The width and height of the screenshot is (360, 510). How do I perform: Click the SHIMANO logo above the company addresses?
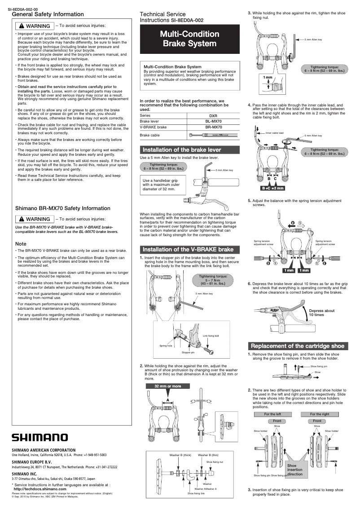point(40,437)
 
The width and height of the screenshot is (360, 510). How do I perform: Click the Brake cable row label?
point(149,135)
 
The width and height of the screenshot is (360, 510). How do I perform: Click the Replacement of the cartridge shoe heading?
point(298,346)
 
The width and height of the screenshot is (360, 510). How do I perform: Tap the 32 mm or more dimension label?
point(167,386)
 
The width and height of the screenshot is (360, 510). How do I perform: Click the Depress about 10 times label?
point(322,312)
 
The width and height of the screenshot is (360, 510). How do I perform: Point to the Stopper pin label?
point(188,352)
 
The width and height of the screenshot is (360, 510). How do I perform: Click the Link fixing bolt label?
point(211,336)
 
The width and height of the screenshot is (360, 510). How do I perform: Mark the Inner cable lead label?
point(274,133)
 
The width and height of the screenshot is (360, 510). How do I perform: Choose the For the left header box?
point(272,414)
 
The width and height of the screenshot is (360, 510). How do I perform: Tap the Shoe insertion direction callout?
point(295,470)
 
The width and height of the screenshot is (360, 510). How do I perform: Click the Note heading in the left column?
point(21,244)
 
